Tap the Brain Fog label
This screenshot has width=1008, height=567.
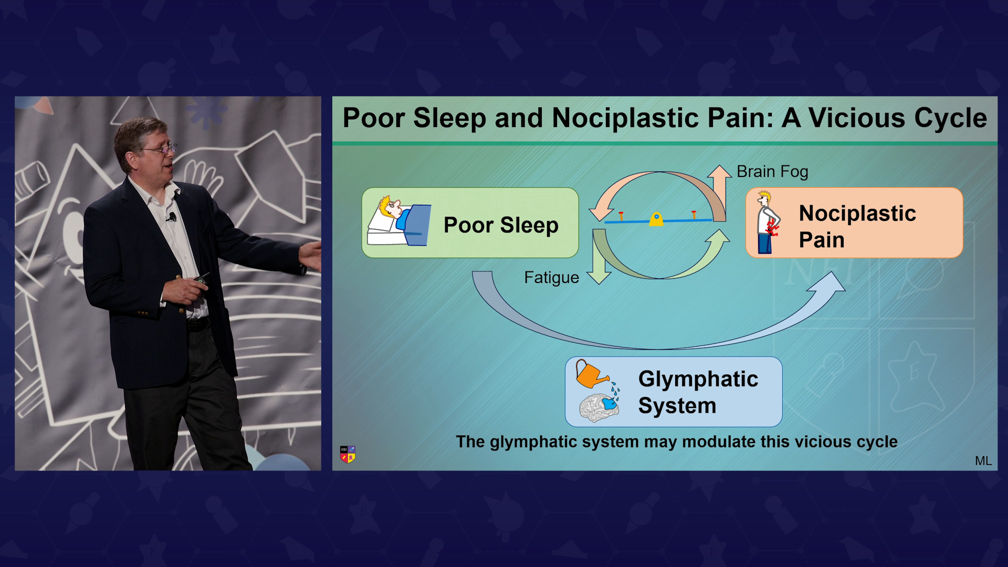tap(772, 172)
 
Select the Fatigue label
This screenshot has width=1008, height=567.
tap(551, 277)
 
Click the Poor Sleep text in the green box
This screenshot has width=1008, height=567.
tap(501, 225)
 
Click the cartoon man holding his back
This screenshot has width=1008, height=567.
tap(768, 223)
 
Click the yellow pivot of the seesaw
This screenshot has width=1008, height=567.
tap(656, 219)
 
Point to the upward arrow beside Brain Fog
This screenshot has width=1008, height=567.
tap(719, 192)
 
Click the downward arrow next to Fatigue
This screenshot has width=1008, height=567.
tap(598, 257)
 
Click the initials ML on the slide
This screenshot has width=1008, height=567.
tap(983, 461)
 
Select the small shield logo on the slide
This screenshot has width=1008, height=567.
tap(348, 454)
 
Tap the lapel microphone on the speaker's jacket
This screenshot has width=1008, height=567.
tap(172, 216)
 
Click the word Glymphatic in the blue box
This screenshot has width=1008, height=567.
tap(698, 380)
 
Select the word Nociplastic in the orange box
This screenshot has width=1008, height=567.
tap(857, 213)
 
